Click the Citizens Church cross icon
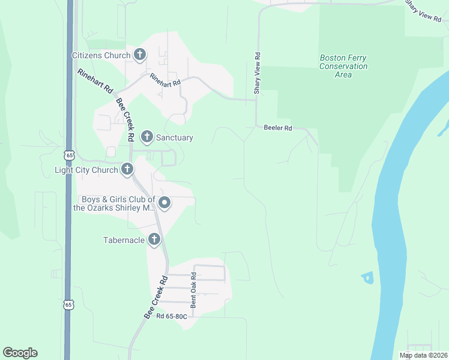pos(140,55)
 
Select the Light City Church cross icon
pos(127,169)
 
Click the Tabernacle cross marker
pos(154,240)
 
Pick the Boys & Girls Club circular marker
pos(164,204)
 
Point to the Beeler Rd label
pos(277,128)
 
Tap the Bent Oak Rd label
pos(194,291)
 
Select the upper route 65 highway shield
pos(70,155)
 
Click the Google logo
pos(20,353)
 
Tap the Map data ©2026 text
pos(424,355)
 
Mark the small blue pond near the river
pos(367,277)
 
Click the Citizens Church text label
pos(101,56)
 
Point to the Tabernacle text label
pos(124,241)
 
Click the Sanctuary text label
pos(175,137)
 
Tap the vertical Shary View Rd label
pos(257,73)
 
